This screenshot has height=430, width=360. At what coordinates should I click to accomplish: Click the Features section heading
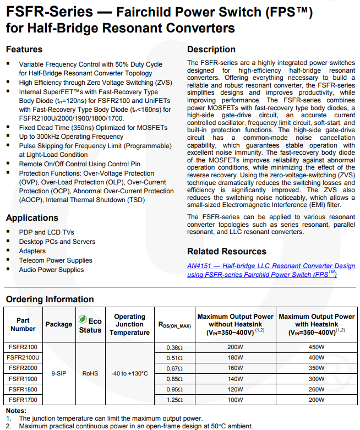pos(24,50)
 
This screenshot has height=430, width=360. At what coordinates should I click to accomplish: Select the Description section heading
pos(211,50)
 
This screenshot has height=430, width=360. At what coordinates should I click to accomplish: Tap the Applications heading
pos(32,218)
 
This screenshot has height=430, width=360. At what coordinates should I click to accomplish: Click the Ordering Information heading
pos(50,300)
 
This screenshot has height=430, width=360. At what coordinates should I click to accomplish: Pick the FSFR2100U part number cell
pos(23,357)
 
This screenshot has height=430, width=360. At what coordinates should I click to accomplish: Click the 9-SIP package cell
pos(59,373)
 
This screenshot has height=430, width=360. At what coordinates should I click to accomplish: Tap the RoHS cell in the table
pos(90,373)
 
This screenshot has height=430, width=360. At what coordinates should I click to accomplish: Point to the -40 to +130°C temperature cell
pos(129,373)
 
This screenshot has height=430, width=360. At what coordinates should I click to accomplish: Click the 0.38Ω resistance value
pos(174,347)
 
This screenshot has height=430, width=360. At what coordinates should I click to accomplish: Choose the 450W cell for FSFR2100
pos(317,347)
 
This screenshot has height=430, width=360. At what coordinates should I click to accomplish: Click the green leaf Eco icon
pos(83,318)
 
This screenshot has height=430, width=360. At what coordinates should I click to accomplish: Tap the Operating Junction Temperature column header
pos(129,324)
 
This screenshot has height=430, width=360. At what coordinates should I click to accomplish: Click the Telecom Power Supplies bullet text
pos(56,260)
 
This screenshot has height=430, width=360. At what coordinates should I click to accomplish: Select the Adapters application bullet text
pos(32,251)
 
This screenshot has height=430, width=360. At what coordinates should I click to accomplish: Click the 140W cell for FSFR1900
pos(235,379)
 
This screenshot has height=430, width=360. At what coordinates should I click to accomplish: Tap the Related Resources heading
pos(227,252)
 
